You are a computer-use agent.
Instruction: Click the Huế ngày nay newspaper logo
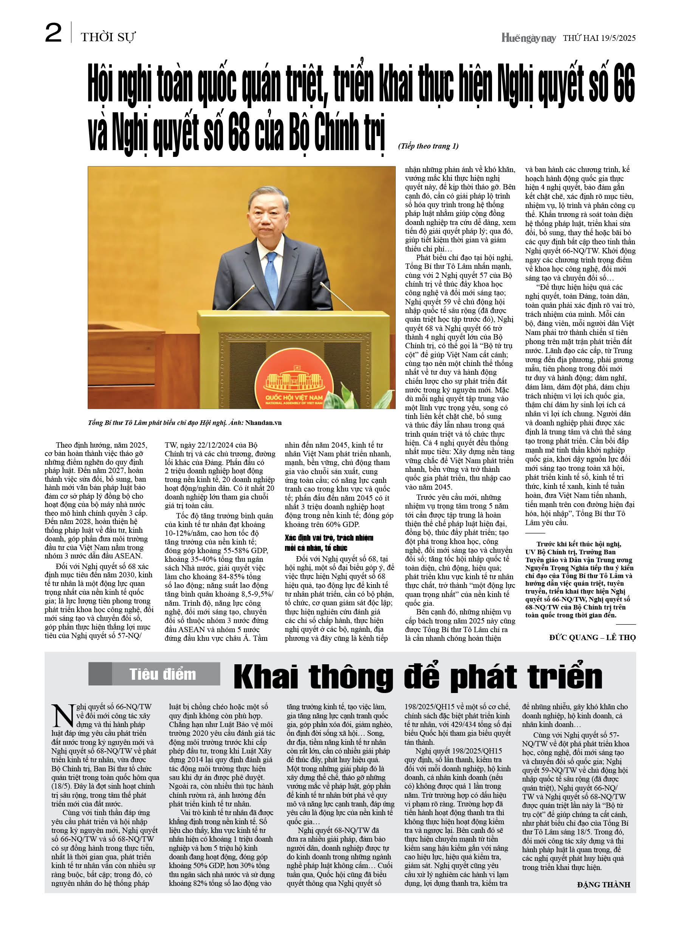pyautogui.click(x=528, y=38)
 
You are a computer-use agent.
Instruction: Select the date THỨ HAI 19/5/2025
pyautogui.click(x=599, y=38)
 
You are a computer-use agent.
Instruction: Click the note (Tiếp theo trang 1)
pyautogui.click(x=428, y=146)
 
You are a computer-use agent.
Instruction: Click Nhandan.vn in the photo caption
pyautogui.click(x=263, y=423)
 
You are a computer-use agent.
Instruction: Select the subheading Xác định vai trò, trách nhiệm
pyautogui.click(x=329, y=538)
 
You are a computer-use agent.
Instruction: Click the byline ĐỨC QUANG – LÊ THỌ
pyautogui.click(x=592, y=638)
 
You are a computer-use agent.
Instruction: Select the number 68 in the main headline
pyautogui.click(x=238, y=133)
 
